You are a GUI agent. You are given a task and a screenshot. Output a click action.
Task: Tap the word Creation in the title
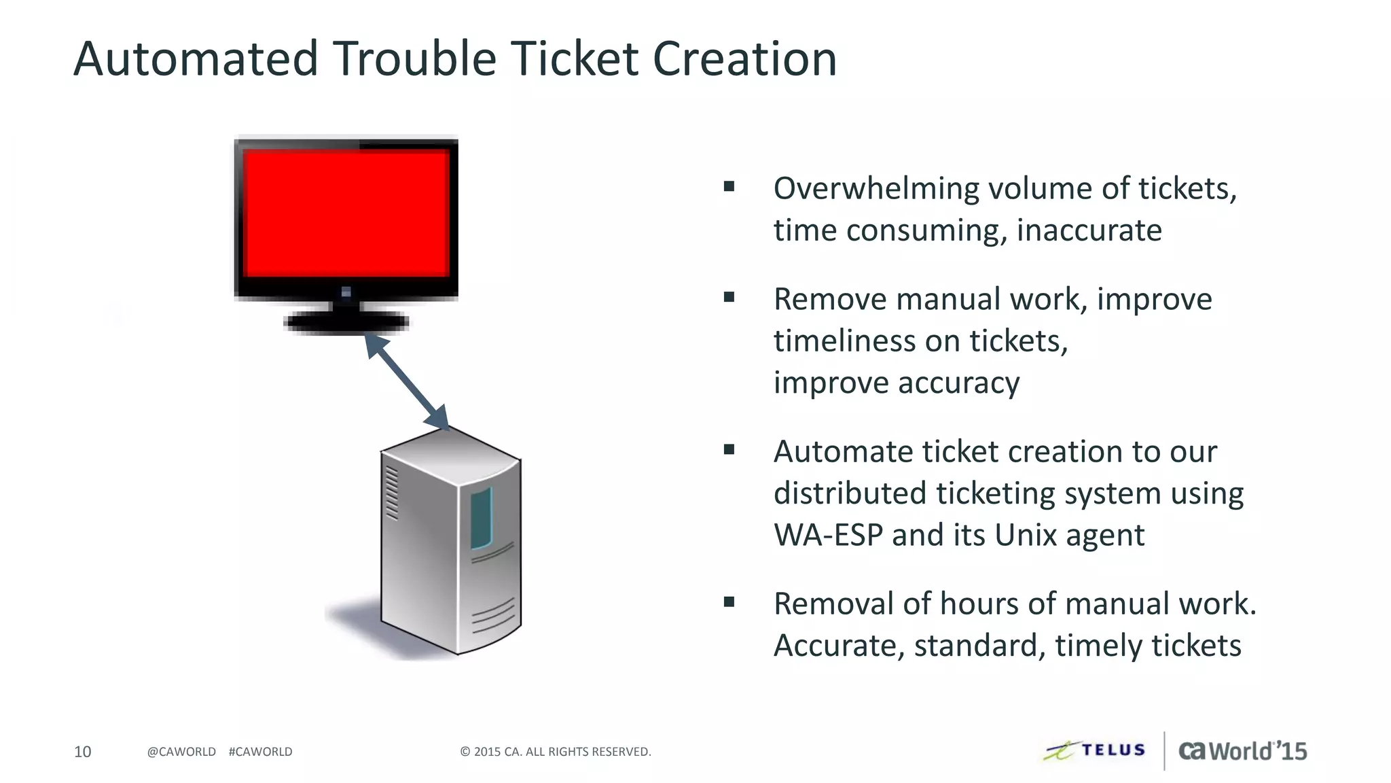tap(744, 58)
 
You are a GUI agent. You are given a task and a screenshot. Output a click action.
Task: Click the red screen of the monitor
tap(346, 213)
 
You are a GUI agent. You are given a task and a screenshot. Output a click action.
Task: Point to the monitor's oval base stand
tap(346, 323)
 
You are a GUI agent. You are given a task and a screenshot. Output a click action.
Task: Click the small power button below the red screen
tap(346, 292)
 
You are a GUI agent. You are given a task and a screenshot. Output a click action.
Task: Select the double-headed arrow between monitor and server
tap(407, 381)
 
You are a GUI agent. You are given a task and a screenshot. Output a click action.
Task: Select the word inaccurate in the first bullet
tap(1089, 230)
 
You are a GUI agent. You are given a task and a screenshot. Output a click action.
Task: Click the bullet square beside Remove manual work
tap(729, 297)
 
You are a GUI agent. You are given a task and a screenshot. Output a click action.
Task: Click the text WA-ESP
tap(828, 535)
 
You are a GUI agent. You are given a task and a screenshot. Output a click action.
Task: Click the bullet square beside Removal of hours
tap(729, 602)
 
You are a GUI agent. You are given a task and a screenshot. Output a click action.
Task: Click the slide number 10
tap(82, 752)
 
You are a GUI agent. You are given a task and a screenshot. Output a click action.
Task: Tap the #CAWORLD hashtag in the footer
tap(261, 752)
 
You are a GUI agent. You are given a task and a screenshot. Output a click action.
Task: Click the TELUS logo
tap(1095, 750)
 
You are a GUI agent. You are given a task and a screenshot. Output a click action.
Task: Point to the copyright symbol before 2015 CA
tap(465, 752)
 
